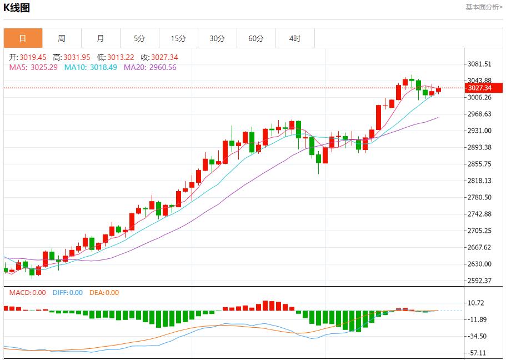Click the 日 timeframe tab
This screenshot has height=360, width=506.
click(x=23, y=38)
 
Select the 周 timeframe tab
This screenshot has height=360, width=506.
click(x=62, y=38)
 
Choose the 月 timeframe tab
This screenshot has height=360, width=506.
click(x=101, y=38)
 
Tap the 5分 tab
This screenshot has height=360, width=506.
click(x=139, y=38)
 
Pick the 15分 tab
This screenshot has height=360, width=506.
click(x=178, y=38)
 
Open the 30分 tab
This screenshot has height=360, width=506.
click(x=217, y=38)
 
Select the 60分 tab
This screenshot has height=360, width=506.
click(x=256, y=38)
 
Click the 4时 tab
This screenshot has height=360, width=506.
click(x=295, y=38)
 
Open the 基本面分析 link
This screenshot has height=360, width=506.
click(x=483, y=7)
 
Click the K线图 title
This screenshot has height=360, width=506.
click(x=17, y=8)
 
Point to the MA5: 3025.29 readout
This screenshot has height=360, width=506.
click(x=34, y=67)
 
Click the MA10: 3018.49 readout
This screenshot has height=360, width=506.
click(x=91, y=67)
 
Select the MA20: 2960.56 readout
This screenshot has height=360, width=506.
click(x=150, y=67)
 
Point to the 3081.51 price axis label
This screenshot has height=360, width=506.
click(x=480, y=64)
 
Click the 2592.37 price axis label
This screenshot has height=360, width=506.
click(x=480, y=281)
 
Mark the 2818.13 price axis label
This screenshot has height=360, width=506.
click(x=480, y=181)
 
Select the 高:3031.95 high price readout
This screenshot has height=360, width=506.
click(x=71, y=57)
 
